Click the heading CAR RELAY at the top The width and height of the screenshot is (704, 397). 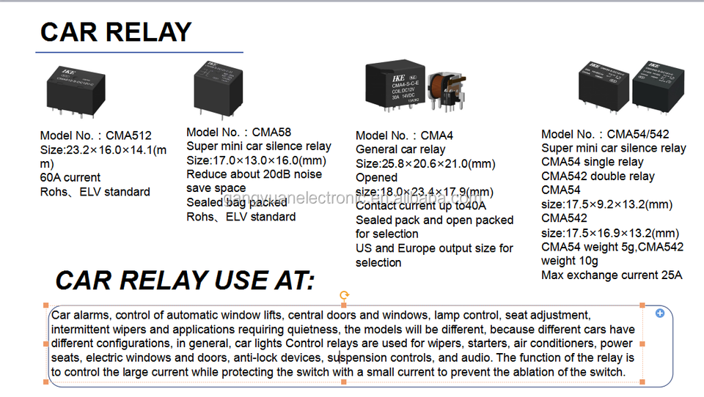[115, 32]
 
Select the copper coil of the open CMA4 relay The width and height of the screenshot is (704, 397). [443, 90]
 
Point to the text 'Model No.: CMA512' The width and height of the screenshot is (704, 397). [96, 136]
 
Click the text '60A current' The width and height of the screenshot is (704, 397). [70, 177]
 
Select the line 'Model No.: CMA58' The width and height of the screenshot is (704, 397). [238, 133]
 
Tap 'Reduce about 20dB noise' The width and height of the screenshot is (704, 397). [254, 174]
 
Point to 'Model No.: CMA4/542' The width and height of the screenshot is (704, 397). [605, 134]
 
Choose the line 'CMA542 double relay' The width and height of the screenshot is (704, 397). [598, 177]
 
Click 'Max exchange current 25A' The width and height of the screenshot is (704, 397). [612, 275]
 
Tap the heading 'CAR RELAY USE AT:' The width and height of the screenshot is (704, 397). [185, 281]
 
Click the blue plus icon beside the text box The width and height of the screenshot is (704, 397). [659, 313]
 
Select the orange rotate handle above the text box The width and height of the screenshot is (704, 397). [344, 295]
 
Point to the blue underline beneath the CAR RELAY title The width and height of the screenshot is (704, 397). [139, 52]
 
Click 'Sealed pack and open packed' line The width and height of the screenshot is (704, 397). [434, 220]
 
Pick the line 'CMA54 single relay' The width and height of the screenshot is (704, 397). [592, 162]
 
